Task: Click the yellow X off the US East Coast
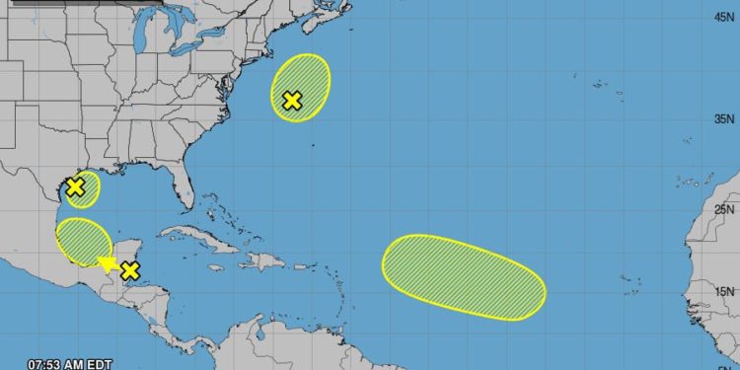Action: coord(291,100)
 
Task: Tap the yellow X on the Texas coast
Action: coord(74,186)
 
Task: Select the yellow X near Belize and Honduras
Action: coord(129,270)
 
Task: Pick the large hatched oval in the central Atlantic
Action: coord(463,276)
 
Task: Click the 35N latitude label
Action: coord(722,118)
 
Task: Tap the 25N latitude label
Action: coord(722,208)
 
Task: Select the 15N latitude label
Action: coord(722,291)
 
